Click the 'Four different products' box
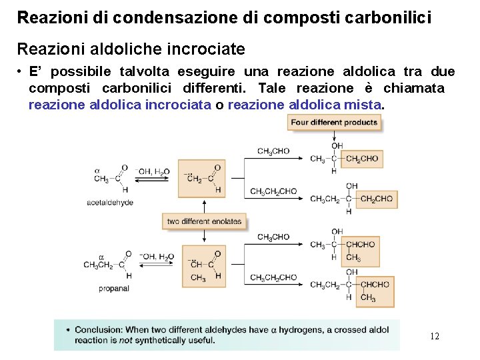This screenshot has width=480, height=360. pyautogui.click(x=334, y=122)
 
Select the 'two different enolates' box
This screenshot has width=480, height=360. pyautogui.click(x=204, y=221)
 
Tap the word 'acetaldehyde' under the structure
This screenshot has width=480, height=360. pyautogui.click(x=110, y=202)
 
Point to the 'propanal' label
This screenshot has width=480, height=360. pyautogui.click(x=113, y=288)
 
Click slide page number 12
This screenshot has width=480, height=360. pyautogui.click(x=434, y=336)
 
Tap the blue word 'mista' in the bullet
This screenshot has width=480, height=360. pyautogui.click(x=363, y=105)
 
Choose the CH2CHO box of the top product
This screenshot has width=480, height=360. pyautogui.click(x=362, y=159)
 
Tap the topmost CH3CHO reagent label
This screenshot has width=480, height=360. pyautogui.click(x=273, y=151)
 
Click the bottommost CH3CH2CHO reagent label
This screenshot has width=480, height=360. pyautogui.click(x=273, y=277)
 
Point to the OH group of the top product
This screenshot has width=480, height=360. pyautogui.click(x=337, y=146)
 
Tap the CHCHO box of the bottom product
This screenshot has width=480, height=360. pyautogui.click(x=374, y=285)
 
